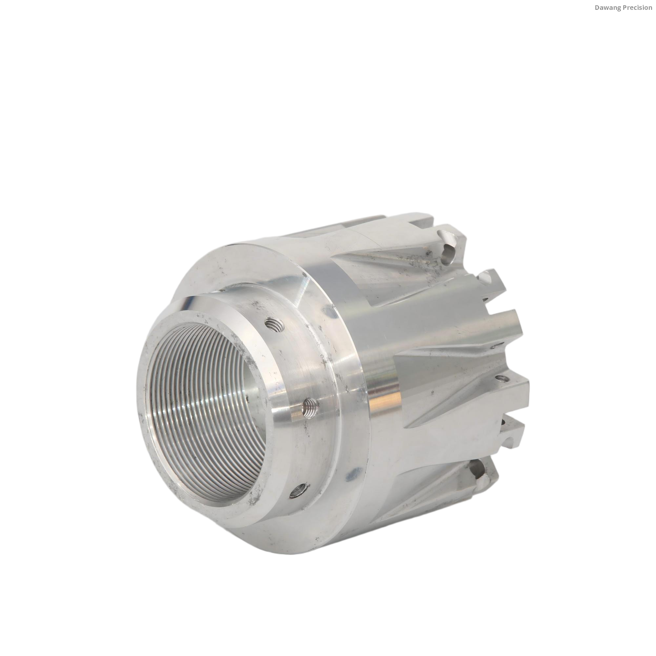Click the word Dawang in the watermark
click(x=606, y=8)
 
